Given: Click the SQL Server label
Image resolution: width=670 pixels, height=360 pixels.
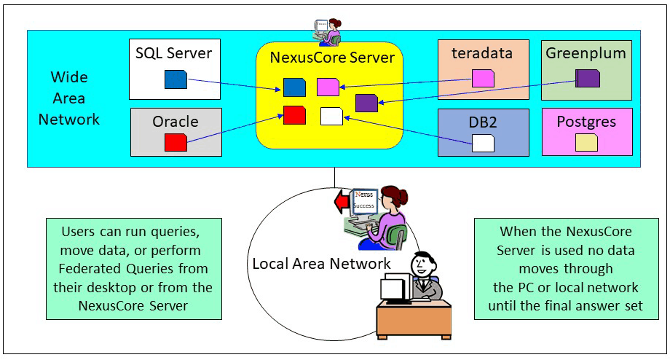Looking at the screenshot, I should pyautogui.click(x=174, y=52).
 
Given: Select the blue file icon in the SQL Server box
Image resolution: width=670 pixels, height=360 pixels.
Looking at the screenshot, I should pyautogui.click(x=176, y=79).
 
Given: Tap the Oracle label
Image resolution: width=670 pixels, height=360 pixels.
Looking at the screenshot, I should pyautogui.click(x=176, y=121).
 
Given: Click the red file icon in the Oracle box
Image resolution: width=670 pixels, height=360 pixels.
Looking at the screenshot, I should pyautogui.click(x=176, y=141).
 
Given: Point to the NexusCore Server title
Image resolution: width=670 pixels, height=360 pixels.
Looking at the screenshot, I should pyautogui.click(x=332, y=57).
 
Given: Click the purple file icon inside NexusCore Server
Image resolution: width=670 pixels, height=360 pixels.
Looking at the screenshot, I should pyautogui.click(x=366, y=103).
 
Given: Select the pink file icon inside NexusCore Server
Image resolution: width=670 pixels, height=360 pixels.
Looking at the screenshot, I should pyautogui.click(x=328, y=87).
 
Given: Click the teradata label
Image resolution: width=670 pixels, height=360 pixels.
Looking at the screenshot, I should pyautogui.click(x=482, y=52).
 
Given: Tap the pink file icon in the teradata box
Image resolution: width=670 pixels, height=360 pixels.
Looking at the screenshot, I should pyautogui.click(x=483, y=78).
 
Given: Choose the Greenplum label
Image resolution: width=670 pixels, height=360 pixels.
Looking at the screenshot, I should pyautogui.click(x=586, y=52).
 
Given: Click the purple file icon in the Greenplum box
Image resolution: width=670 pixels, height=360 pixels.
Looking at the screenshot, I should pyautogui.click(x=587, y=78).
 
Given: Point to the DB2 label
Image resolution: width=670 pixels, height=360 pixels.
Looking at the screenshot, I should pyautogui.click(x=483, y=122).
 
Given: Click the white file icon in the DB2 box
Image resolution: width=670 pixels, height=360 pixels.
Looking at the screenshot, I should pyautogui.click(x=483, y=142).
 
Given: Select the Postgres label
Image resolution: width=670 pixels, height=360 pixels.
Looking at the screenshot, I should pyautogui.click(x=586, y=121).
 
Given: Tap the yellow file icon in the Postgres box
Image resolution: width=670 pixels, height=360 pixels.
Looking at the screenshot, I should pyautogui.click(x=586, y=142).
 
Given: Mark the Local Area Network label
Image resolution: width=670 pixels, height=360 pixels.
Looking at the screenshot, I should pyautogui.click(x=321, y=263).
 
